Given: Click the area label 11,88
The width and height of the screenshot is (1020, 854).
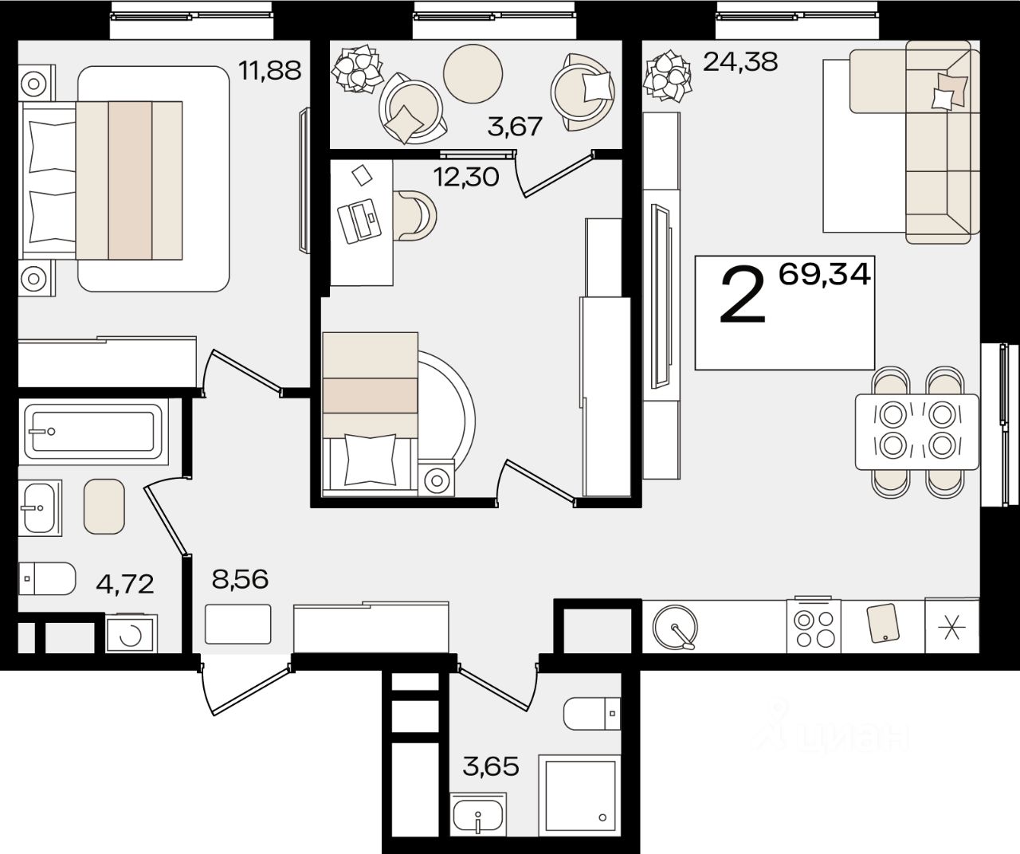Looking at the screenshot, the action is coord(269,71).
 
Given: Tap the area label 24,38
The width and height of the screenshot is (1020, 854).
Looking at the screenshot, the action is coord(740,62).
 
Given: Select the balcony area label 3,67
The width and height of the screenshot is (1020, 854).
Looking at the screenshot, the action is coord(515,127).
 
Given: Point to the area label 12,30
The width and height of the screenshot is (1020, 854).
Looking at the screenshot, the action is coord(466,177).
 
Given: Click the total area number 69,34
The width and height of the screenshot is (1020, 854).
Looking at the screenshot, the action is coord(825,274).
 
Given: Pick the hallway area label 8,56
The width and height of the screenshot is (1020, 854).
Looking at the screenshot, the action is coord(240,580).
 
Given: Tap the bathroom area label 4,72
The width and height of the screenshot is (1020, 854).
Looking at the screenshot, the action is coord(125,583).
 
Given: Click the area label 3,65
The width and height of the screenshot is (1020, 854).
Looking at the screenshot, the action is coord(490,766).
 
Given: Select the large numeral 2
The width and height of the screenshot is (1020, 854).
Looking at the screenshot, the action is coord(743,296).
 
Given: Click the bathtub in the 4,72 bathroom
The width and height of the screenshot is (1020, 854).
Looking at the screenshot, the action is coord(93,431).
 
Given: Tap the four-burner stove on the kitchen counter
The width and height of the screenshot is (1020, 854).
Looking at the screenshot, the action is coord(814,626).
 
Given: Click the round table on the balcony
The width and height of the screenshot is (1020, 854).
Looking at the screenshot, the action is coord(473,74).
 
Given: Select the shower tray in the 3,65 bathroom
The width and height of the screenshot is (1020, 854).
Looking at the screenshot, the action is coord(579,796).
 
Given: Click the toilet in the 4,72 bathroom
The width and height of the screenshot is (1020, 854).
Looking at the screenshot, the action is coord(47,578).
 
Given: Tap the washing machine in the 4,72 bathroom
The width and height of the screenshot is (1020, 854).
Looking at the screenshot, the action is coord(131,633).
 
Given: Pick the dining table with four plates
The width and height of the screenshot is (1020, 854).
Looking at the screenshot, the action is coord(917,432).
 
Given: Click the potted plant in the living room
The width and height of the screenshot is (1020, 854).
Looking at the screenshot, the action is coord(667,76).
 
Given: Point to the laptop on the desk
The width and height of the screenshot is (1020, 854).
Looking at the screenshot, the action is coord(359,221).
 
